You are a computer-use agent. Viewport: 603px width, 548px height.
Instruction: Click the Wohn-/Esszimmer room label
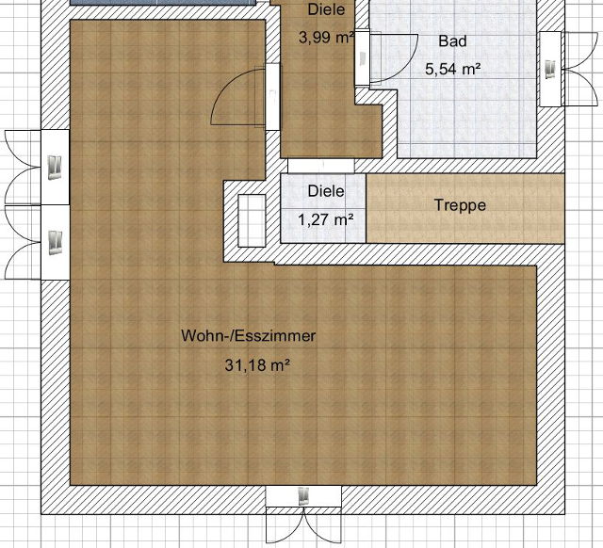click(x=249, y=336)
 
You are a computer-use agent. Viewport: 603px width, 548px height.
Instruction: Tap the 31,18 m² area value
click(x=257, y=364)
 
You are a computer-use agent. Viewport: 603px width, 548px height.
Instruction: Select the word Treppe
click(x=460, y=205)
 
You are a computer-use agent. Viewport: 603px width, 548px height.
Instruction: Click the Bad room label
click(x=452, y=40)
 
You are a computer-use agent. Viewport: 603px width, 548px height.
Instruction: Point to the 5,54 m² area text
click(x=453, y=69)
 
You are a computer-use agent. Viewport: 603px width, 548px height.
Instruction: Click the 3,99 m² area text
click(x=326, y=38)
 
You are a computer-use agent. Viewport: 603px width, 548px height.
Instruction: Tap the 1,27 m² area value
click(x=326, y=219)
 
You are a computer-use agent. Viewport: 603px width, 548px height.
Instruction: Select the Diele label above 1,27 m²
click(x=326, y=191)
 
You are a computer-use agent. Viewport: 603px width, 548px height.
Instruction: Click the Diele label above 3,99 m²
click(x=326, y=9)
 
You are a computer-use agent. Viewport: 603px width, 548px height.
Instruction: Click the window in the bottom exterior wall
click(x=303, y=495)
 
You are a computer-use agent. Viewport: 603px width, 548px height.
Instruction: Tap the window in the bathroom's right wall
click(x=550, y=69)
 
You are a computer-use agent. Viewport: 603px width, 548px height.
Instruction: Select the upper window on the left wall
click(x=55, y=168)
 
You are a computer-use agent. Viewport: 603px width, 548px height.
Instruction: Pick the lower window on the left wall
click(x=55, y=243)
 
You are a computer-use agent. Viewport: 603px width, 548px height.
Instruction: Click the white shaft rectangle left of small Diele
click(x=252, y=220)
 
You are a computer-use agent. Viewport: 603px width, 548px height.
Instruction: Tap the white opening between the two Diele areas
click(x=320, y=166)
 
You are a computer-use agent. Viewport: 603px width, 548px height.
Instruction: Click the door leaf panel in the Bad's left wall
click(x=362, y=57)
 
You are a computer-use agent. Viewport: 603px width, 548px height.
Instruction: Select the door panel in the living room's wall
click(x=272, y=96)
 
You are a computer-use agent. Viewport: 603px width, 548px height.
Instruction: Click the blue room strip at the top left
click(x=163, y=2)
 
